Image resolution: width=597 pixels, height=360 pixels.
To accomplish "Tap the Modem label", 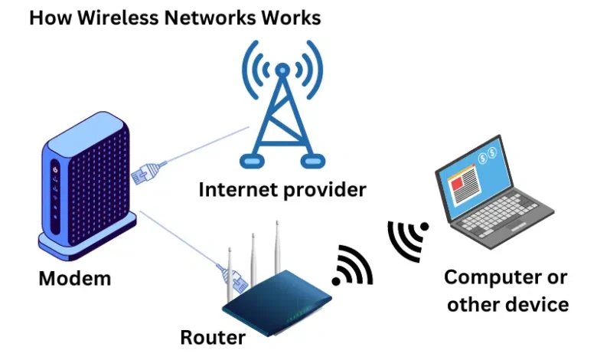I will click(x=74, y=278).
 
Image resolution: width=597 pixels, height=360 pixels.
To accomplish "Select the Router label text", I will click(x=213, y=337).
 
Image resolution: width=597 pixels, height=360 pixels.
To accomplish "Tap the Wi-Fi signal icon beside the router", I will click(x=351, y=267).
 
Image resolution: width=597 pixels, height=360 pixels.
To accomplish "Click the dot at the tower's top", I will click(x=282, y=70).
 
